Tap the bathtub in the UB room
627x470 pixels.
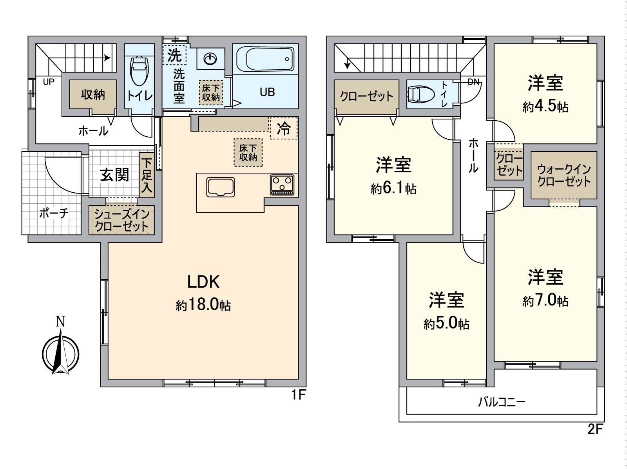(x=270, y=59)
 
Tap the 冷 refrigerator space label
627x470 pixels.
(x=284, y=128)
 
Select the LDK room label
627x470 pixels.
(x=203, y=282)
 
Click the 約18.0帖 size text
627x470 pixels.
(x=203, y=305)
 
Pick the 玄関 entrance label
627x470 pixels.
(x=114, y=175)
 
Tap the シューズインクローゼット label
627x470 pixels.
(x=122, y=221)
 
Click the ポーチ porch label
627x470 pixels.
(x=54, y=213)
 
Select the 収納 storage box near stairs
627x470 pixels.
(x=93, y=94)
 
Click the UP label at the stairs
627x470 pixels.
(x=49, y=82)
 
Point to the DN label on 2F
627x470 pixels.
(x=473, y=82)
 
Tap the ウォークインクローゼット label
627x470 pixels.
(x=564, y=175)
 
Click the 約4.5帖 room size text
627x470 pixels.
(x=545, y=107)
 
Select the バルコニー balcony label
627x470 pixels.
(x=501, y=402)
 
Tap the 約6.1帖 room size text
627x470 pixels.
(x=393, y=189)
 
